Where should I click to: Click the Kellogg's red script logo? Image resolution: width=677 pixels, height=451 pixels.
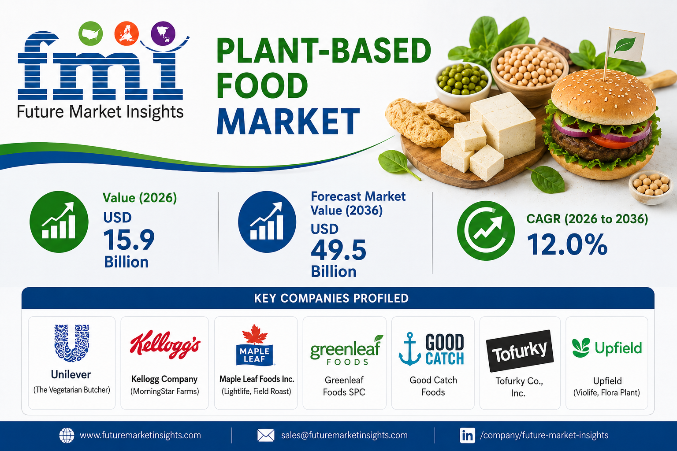(x=165, y=344)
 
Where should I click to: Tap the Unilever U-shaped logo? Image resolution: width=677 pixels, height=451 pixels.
(x=72, y=343)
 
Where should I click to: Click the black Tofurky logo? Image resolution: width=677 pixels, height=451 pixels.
(x=520, y=351)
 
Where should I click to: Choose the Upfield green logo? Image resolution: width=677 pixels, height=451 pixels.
(x=607, y=347)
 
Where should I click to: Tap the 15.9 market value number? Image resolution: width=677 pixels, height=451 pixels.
(x=129, y=240)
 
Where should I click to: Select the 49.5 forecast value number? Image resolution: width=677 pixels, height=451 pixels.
(x=338, y=250)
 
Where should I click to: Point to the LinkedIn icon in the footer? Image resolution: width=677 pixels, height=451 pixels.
(x=467, y=435)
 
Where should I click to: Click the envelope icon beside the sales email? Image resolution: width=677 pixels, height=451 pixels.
(x=266, y=435)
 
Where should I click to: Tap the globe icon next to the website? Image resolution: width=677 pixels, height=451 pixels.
(x=67, y=435)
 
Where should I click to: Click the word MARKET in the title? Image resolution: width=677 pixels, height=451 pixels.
(x=288, y=121)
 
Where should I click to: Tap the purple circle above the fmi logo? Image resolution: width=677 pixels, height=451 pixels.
(x=163, y=33)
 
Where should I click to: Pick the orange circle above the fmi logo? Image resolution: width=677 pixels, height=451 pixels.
(x=126, y=33)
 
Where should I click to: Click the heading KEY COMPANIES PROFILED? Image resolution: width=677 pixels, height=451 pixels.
(x=331, y=298)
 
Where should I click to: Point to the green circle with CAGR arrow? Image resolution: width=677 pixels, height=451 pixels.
(x=486, y=231)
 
